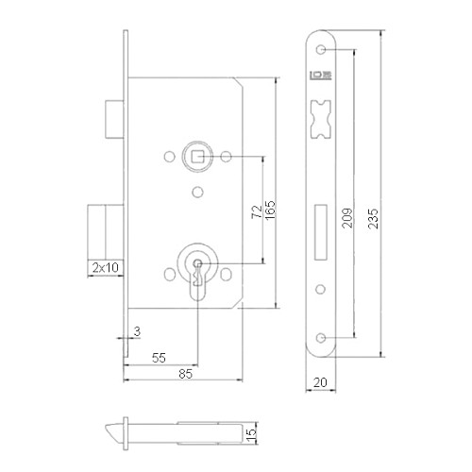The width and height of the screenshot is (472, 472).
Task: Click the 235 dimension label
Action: tap(373, 218)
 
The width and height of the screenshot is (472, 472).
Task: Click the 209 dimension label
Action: tap(347, 218)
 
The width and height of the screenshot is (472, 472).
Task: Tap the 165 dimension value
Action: tap(270, 210)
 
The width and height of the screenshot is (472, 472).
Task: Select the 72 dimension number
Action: tap(257, 211)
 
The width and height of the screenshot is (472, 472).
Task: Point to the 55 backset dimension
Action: tap(159, 358)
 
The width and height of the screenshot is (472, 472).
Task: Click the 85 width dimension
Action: tap(185, 374)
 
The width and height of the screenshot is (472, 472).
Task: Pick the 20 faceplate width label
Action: tap(320, 382)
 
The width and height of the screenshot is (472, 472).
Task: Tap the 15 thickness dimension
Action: tap(251, 433)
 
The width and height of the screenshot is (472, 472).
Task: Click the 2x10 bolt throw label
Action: tap(106, 267)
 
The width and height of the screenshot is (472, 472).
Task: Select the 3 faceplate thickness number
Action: tap(137, 331)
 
